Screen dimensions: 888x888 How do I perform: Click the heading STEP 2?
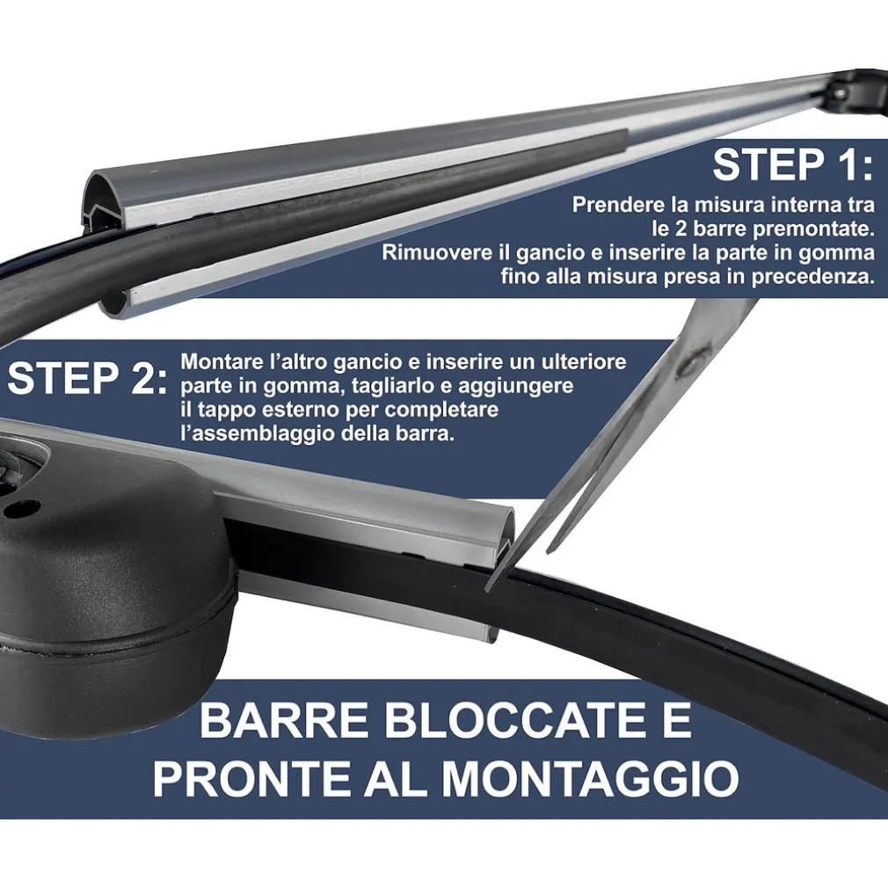[86, 379]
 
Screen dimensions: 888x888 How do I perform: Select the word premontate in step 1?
[768, 229]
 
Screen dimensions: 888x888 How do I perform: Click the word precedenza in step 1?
[814, 277]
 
